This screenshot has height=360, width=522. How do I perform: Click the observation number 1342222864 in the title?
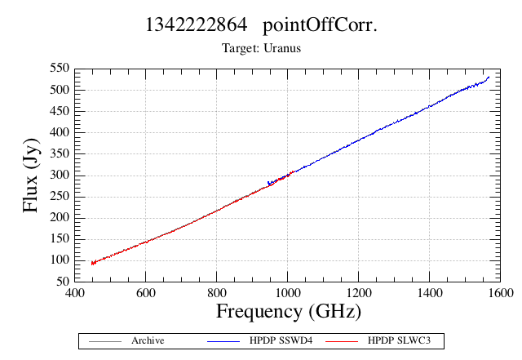(197, 24)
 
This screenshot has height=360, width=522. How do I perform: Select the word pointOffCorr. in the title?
(320, 26)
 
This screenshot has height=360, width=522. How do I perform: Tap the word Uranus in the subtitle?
(282, 48)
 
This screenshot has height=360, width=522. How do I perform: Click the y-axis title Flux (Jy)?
(31, 176)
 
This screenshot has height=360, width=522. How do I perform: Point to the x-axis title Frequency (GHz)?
(289, 312)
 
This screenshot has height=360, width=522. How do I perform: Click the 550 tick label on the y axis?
(60, 69)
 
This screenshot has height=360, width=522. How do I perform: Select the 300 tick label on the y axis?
(60, 175)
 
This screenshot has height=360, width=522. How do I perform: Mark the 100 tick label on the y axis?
(60, 260)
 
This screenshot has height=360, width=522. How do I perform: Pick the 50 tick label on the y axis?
(63, 282)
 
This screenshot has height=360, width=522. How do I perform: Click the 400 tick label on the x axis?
(74, 293)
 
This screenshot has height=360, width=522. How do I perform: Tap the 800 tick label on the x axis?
(216, 293)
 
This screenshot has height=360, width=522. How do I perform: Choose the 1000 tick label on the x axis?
(288, 293)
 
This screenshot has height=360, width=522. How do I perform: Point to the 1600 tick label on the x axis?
(500, 293)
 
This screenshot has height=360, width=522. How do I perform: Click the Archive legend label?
(148, 340)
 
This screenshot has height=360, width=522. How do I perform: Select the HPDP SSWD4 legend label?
(281, 340)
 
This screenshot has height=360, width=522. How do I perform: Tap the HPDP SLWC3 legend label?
(399, 340)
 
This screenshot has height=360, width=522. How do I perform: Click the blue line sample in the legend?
(223, 341)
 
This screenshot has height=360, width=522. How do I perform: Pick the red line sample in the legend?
(342, 341)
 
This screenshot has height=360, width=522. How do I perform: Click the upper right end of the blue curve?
(489, 77)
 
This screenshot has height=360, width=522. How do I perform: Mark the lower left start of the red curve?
(92, 264)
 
